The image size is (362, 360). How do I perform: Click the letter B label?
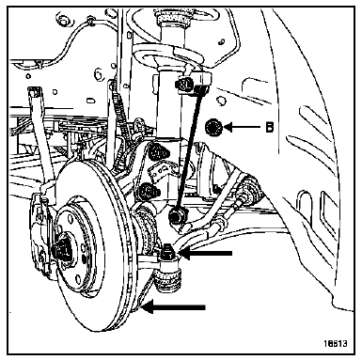click(x=269, y=127)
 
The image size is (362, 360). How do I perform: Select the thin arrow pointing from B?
click(x=242, y=127)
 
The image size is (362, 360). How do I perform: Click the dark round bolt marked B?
click(x=214, y=128)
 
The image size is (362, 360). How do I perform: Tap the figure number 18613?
click(x=336, y=343)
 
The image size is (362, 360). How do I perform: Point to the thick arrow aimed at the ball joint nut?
click(x=206, y=253)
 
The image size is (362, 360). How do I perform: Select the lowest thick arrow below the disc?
click(x=173, y=306)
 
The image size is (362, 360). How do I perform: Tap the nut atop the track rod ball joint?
click(x=166, y=253)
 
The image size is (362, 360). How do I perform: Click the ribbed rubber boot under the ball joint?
click(x=168, y=281)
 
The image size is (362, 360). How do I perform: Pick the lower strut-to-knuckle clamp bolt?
click(x=149, y=190)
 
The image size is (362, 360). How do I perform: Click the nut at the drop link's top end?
click(x=184, y=85)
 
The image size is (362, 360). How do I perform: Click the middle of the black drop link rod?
click(x=189, y=149)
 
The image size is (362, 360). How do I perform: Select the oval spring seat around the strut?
click(x=166, y=54)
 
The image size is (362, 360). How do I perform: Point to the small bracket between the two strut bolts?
click(x=163, y=171)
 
